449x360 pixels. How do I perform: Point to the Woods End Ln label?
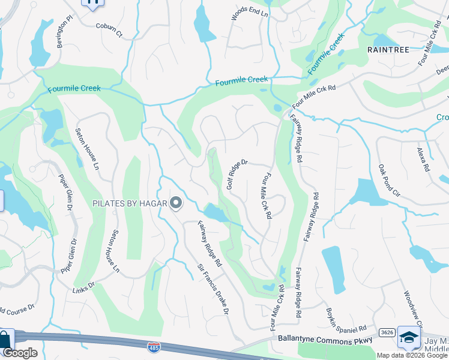(x=250, y=15)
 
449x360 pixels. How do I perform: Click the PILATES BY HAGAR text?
(x=129, y=203)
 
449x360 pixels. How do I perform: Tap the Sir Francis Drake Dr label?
(x=214, y=290)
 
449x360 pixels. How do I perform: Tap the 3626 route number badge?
(x=386, y=332)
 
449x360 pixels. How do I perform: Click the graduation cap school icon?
(x=409, y=339)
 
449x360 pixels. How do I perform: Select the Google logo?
(x=20, y=353)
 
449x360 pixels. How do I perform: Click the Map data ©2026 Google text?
(x=412, y=355)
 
